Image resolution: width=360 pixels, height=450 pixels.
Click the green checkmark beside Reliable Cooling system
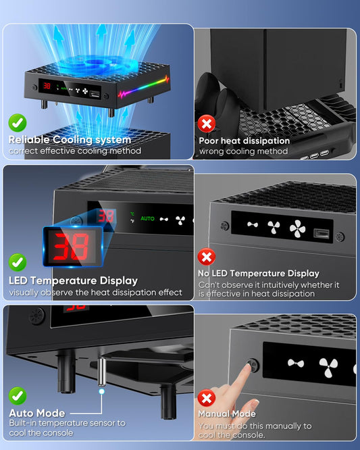point(18,123)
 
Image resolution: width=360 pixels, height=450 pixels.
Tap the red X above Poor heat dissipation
point(206,123)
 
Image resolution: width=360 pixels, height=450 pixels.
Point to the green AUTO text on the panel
point(147,219)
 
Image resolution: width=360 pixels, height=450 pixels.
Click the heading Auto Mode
point(36,412)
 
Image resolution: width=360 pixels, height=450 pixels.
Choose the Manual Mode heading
point(226,413)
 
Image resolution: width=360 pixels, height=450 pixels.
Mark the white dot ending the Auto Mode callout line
point(101,391)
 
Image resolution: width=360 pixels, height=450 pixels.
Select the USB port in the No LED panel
point(321,232)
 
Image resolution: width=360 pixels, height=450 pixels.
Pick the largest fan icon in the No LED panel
point(297,228)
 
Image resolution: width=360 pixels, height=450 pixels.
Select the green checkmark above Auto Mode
point(18,396)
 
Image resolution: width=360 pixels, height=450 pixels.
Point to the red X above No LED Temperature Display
point(206,257)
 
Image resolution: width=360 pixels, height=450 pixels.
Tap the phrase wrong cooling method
point(243,151)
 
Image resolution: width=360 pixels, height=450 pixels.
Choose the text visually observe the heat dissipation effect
point(95,293)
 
